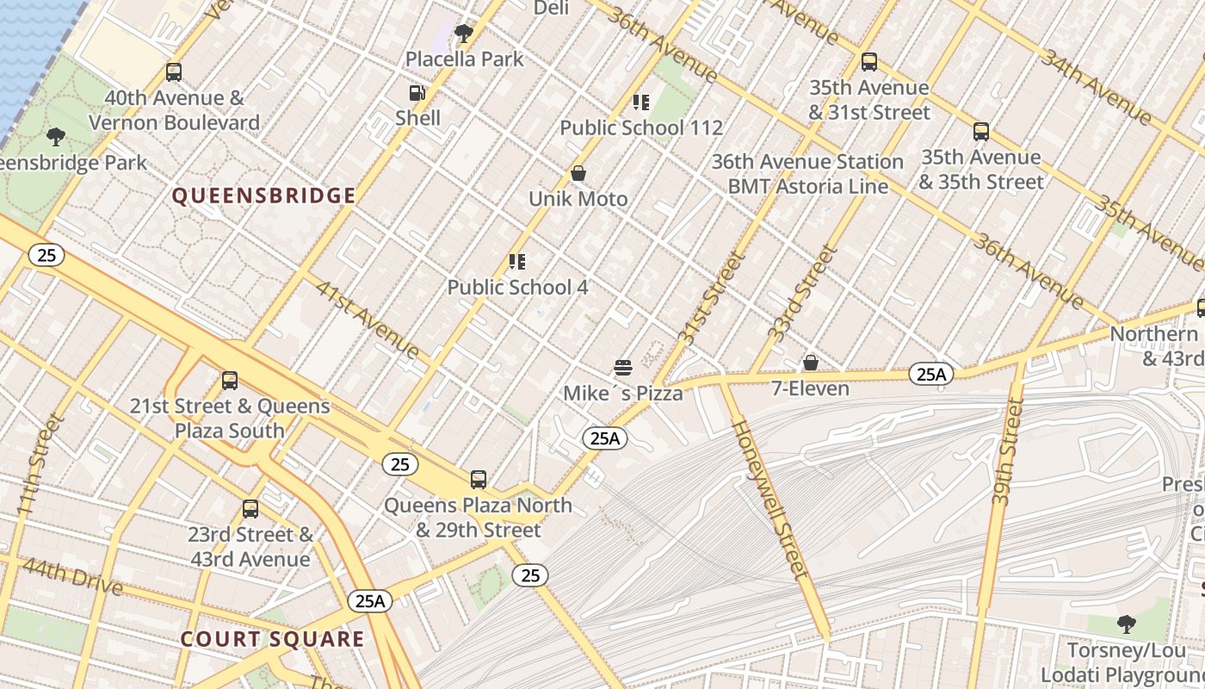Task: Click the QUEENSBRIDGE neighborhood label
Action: (263, 196)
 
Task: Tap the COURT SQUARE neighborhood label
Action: (272, 639)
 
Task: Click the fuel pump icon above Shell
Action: (417, 93)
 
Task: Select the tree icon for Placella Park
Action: (464, 34)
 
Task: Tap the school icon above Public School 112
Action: (640, 102)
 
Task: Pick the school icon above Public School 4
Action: (516, 262)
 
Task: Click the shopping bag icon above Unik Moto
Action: (578, 174)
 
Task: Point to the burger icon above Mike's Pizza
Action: (623, 369)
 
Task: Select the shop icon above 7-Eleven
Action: (810, 363)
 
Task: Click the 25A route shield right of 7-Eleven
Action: (931, 374)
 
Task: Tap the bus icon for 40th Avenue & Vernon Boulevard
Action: (174, 72)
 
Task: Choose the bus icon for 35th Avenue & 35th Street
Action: (980, 132)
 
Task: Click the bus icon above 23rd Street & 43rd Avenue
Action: (250, 509)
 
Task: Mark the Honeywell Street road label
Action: (770, 499)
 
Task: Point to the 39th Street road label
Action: (1005, 451)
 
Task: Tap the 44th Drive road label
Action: (72, 576)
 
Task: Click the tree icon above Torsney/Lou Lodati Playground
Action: (1126, 624)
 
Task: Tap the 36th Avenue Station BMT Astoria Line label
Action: (807, 174)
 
